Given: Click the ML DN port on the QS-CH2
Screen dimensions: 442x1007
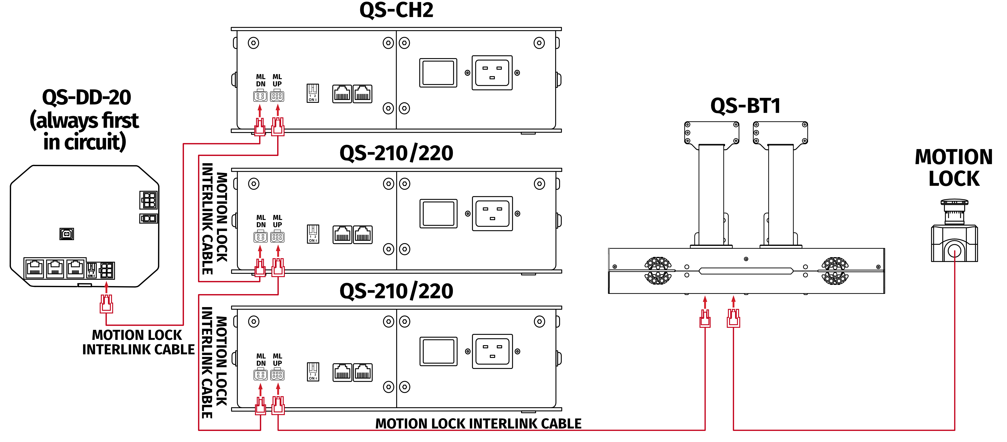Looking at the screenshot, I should click(x=260, y=96).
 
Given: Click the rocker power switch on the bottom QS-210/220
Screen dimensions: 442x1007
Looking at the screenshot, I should click(x=438, y=351).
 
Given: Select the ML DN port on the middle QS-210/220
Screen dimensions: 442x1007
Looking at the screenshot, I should click(x=261, y=237).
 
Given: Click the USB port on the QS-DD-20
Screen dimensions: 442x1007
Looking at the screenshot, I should click(x=66, y=234).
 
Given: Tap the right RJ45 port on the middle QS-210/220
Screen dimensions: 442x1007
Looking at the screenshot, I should click(x=363, y=235).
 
